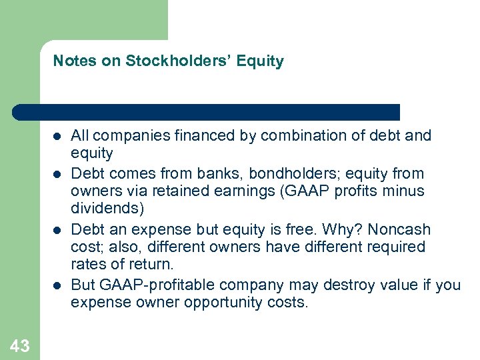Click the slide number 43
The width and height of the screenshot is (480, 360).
click(20, 345)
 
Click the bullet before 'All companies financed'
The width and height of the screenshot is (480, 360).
click(57, 136)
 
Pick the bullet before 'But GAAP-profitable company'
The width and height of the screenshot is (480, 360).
click(57, 285)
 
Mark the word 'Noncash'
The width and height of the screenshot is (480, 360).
click(399, 230)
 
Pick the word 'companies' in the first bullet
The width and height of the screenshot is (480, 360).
click(125, 136)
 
